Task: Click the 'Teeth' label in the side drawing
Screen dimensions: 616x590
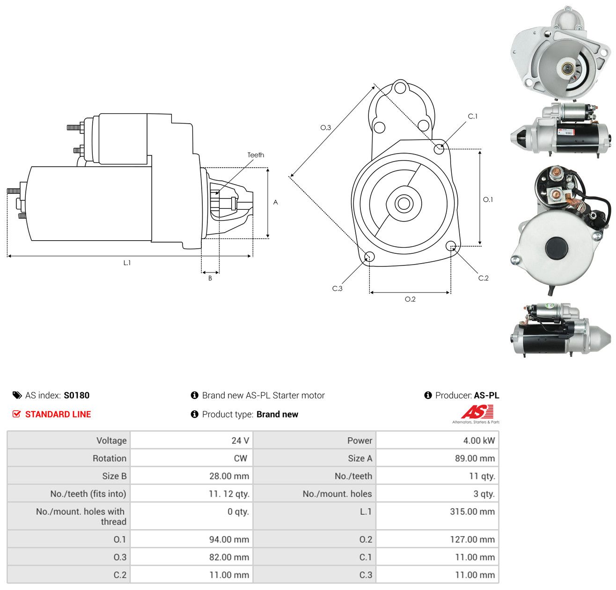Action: pyautogui.click(x=256, y=155)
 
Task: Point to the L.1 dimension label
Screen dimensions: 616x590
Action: pyautogui.click(x=127, y=263)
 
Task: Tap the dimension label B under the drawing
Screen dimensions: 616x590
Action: pyautogui.click(x=210, y=278)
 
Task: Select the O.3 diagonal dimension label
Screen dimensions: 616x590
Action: pyautogui.click(x=325, y=127)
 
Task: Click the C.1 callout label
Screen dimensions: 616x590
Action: pyautogui.click(x=472, y=116)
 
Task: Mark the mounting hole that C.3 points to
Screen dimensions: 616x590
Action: pyautogui.click(x=369, y=257)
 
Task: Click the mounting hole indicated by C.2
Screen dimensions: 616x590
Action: pyautogui.click(x=451, y=245)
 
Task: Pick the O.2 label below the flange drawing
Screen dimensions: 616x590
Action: pyautogui.click(x=410, y=299)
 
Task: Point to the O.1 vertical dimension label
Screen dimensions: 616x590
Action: pyautogui.click(x=488, y=199)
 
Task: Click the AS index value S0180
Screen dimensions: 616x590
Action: pyautogui.click(x=77, y=395)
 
